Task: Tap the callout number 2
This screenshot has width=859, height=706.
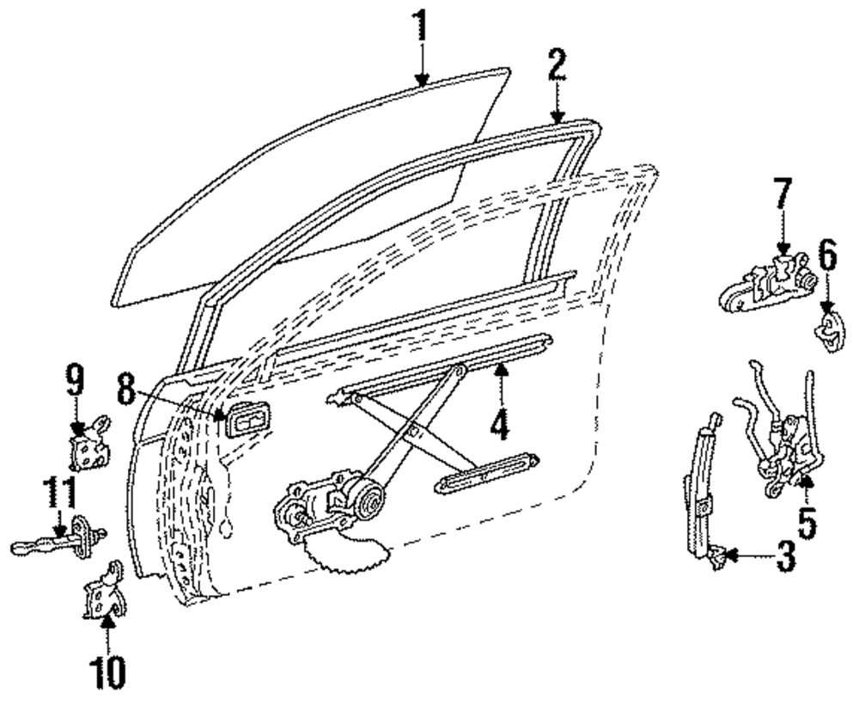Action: click(557, 66)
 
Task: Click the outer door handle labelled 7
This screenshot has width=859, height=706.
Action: click(765, 285)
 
